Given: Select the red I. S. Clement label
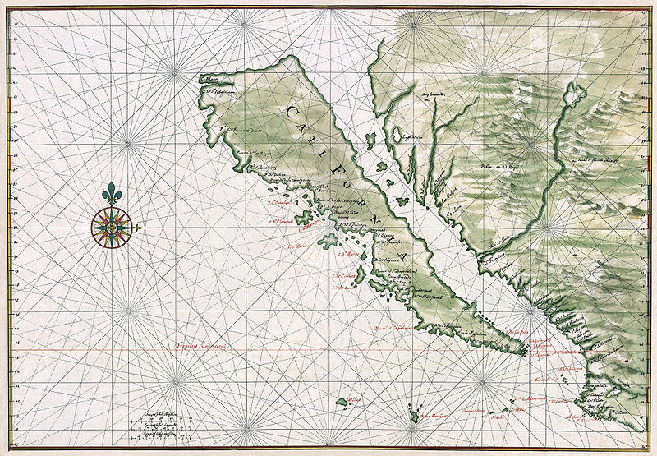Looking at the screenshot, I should pyautogui.click(x=283, y=220).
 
